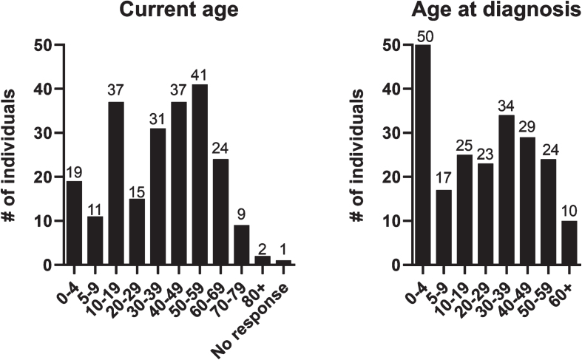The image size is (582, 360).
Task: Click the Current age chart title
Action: (178, 10)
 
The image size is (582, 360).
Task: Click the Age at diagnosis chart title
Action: (496, 10)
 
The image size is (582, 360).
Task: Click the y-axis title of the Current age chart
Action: (10, 155)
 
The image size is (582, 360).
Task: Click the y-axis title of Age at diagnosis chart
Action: (357, 155)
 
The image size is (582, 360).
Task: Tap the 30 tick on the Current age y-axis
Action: (42, 133)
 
